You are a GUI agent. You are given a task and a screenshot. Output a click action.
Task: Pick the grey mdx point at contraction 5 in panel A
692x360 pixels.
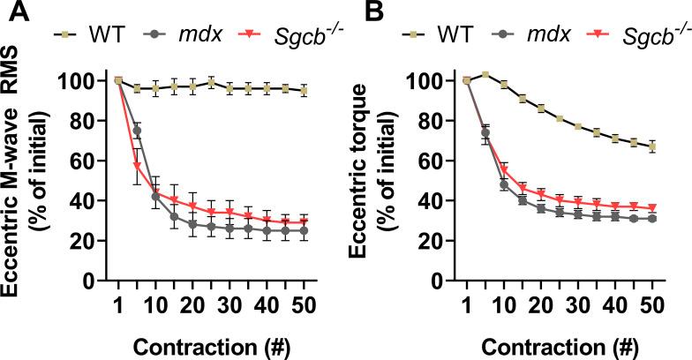(137, 131)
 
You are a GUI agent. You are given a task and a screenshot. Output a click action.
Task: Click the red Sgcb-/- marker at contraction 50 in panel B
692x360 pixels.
(652, 208)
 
